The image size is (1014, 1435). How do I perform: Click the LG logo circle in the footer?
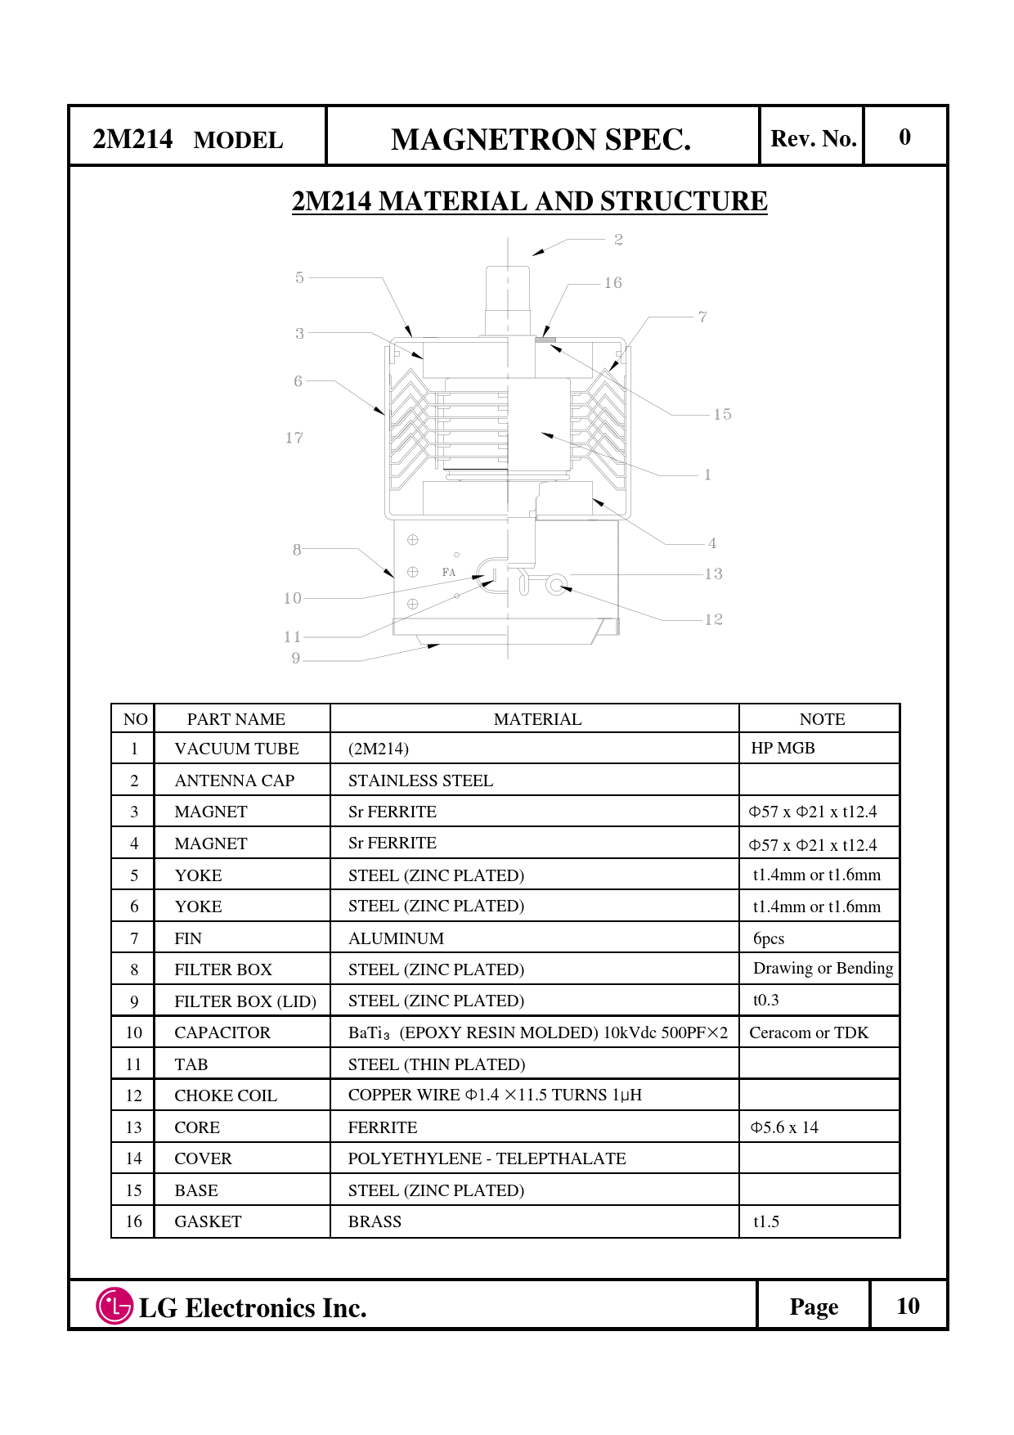tap(114, 1306)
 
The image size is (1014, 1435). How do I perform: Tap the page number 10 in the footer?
tap(908, 1306)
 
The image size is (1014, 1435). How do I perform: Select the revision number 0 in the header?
tap(904, 137)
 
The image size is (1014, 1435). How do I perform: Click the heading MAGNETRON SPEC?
tap(541, 140)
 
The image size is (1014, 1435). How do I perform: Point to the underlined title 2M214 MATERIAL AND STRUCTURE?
tap(529, 201)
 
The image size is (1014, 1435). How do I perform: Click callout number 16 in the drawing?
tap(613, 283)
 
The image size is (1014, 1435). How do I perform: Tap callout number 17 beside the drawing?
tap(294, 439)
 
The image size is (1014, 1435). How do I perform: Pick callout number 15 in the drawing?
tap(722, 415)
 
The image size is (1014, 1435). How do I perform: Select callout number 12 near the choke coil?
tap(714, 619)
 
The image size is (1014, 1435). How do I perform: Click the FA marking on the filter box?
tap(449, 573)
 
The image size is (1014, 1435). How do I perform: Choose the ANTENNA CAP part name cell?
tap(235, 780)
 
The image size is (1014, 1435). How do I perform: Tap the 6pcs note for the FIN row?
tap(769, 938)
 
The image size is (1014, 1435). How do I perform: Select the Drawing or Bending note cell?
tap(823, 969)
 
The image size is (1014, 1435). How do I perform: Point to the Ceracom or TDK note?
tap(809, 1032)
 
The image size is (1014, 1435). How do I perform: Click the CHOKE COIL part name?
tap(226, 1095)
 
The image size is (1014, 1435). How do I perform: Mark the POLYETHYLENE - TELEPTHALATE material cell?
tap(487, 1158)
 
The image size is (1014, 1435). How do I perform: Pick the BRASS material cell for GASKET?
tap(375, 1221)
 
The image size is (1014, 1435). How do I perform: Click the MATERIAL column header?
tap(537, 719)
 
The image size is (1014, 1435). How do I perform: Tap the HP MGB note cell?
tap(783, 748)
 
